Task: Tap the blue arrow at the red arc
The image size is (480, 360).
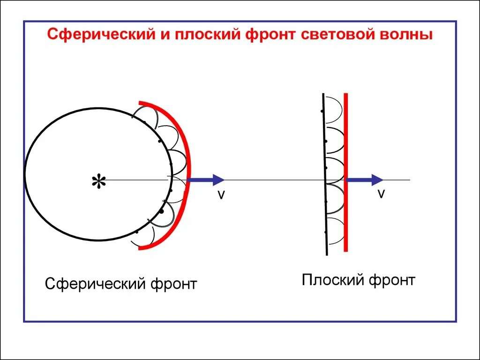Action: coord(206,180)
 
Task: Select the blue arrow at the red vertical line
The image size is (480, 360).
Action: coord(365,180)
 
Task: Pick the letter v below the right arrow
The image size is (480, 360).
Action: coord(382,194)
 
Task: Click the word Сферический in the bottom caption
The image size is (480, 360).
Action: coord(96,284)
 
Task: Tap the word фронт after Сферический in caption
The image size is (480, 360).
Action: coord(174,284)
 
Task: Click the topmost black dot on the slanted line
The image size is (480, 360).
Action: coord(322,111)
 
